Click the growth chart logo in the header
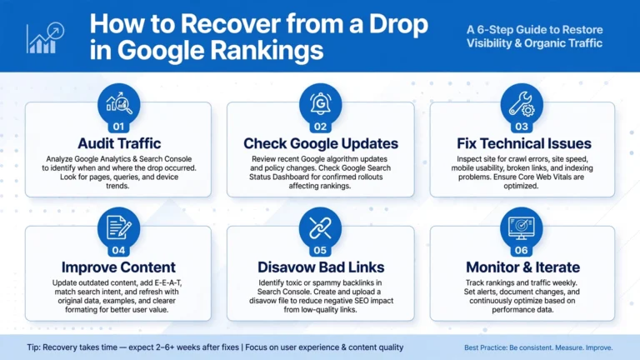pos(45,38)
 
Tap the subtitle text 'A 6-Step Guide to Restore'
pos(534,30)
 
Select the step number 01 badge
pos(118,127)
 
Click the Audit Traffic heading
pos(119,143)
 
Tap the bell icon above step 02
pos(320,103)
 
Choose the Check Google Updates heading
pos(321,143)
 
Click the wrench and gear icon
pos(521,103)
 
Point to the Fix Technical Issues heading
pos(523,143)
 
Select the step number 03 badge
pos(521,127)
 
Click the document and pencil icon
pos(119,227)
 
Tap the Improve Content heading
pos(118,267)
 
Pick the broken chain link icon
pos(320,227)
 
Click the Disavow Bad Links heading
pos(321,267)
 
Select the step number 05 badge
pos(320,250)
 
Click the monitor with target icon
pos(521,227)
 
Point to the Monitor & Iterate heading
pos(522,267)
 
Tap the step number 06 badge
pos(521,250)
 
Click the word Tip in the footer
pos(33,347)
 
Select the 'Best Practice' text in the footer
pos(485,347)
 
